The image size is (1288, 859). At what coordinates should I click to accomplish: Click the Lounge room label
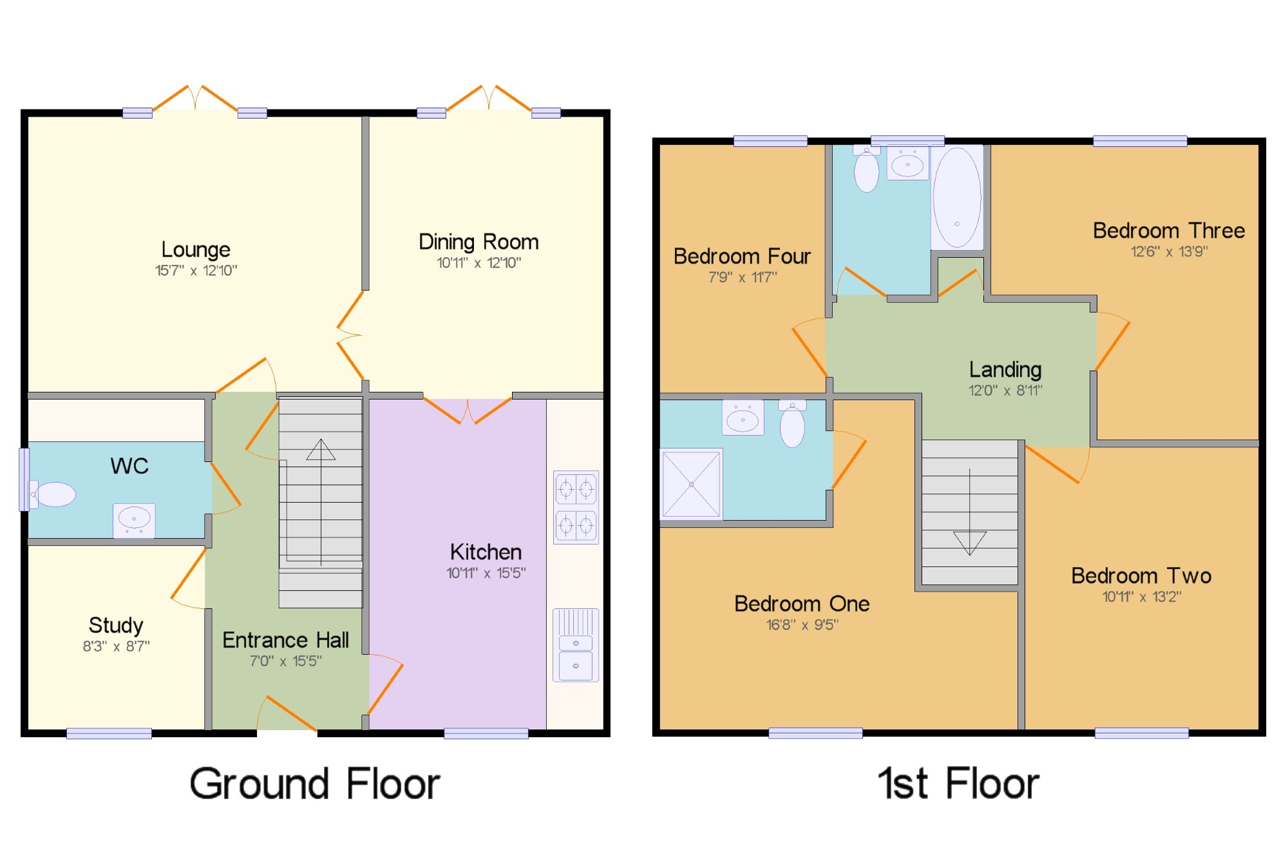click(196, 249)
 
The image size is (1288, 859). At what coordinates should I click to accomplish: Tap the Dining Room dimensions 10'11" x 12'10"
click(479, 263)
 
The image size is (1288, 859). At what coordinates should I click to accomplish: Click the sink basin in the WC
click(134, 520)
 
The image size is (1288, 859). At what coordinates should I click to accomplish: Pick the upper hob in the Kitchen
click(576, 489)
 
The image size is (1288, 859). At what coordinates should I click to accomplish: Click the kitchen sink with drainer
click(576, 645)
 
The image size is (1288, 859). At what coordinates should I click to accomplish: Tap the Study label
click(116, 625)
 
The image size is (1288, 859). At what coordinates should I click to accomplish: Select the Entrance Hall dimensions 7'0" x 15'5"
click(286, 661)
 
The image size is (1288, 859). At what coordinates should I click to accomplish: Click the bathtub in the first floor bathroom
click(958, 198)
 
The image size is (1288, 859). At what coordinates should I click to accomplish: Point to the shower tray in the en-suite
click(691, 484)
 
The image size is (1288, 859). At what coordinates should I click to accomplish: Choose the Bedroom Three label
click(1169, 231)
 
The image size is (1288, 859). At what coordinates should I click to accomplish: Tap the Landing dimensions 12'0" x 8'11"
click(1005, 391)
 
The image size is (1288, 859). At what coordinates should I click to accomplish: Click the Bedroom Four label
click(742, 256)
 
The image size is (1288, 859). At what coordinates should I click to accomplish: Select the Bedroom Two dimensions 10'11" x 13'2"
click(1142, 597)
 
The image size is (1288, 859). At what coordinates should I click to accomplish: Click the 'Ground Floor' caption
click(315, 784)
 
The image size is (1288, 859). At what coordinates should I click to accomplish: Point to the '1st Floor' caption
click(958, 784)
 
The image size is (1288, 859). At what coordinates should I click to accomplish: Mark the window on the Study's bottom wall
click(109, 733)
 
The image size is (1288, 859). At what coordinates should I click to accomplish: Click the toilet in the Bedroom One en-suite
click(792, 423)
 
